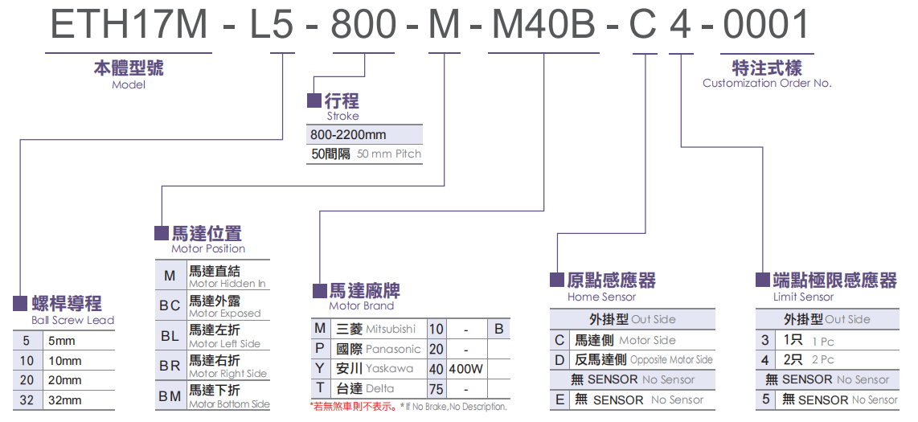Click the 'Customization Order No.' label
pyautogui.click(x=767, y=83)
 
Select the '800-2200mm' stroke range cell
pyautogui.click(x=348, y=135)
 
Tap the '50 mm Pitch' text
pyautogui.click(x=389, y=154)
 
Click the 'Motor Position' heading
pyautogui.click(x=208, y=248)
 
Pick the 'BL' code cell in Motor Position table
pyautogui.click(x=170, y=336)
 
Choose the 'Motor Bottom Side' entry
pyautogui.click(x=229, y=404)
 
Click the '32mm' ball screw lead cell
pyautogui.click(x=65, y=399)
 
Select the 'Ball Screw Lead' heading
pyautogui.click(x=72, y=320)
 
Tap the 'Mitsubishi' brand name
pyautogui.click(x=391, y=329)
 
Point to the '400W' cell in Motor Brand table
pyautogui.click(x=466, y=369)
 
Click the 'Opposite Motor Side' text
pyautogui.click(x=671, y=360)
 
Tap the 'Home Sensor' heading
pyautogui.click(x=601, y=297)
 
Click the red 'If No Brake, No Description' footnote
pyautogui.click(x=408, y=407)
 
